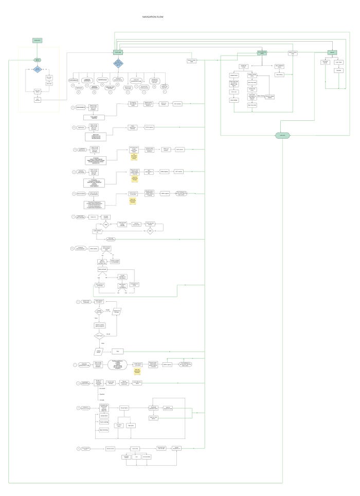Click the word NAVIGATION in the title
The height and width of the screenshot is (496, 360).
(x=150, y=17)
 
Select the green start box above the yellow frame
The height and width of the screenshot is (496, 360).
(x=37, y=40)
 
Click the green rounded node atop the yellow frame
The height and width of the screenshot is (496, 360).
(x=37, y=60)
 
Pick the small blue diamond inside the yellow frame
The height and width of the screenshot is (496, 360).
(x=37, y=69)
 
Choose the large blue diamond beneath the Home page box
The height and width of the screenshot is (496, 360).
(x=118, y=64)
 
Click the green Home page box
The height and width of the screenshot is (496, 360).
(x=118, y=52)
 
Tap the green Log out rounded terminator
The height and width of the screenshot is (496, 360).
(x=282, y=135)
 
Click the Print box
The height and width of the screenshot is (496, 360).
(x=118, y=351)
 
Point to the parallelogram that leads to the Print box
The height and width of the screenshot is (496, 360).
(x=98, y=351)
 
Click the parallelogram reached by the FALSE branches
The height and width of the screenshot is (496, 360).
(x=117, y=311)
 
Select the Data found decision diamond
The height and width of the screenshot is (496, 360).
(x=98, y=336)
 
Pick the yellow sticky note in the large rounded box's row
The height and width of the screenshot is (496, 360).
(x=137, y=370)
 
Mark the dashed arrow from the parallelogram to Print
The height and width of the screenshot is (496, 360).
(x=107, y=351)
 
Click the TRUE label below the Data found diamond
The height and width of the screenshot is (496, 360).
(x=102, y=343)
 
